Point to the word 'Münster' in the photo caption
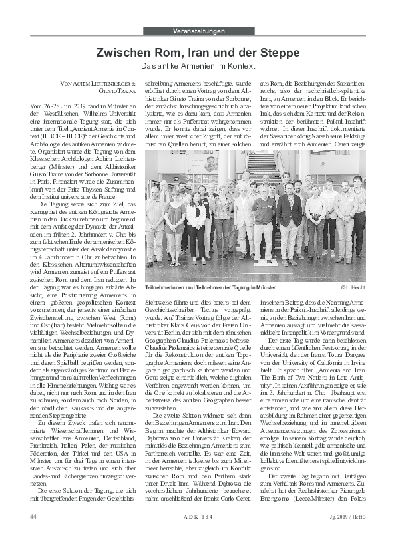pyautogui.click(x=264, y=287)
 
